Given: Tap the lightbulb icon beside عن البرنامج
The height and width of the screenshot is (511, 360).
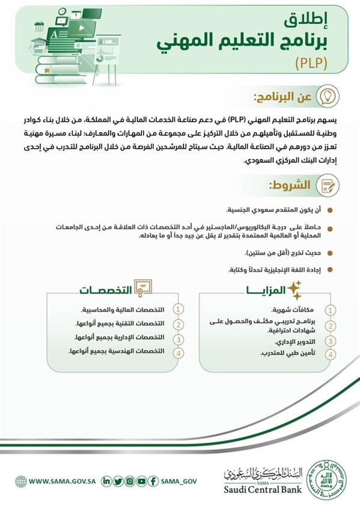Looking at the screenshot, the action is pyautogui.click(x=326, y=96).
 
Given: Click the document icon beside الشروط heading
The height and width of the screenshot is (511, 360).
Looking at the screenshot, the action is pyautogui.click(x=326, y=184).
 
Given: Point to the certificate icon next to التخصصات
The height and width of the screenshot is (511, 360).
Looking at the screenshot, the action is pyautogui.click(x=143, y=289).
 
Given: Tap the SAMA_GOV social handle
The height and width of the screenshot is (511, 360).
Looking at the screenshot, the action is pyautogui.click(x=178, y=480).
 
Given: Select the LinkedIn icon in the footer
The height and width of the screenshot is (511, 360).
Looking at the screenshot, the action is pyautogui.click(x=107, y=480).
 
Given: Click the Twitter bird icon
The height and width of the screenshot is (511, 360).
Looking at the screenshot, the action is pyautogui.click(x=118, y=480).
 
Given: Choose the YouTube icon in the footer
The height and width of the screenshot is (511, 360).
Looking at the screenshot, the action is pyautogui.click(x=141, y=480).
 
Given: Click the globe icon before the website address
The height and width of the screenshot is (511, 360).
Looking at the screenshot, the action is pyautogui.click(x=21, y=480).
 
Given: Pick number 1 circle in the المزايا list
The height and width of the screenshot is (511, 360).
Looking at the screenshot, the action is pyautogui.click(x=330, y=310).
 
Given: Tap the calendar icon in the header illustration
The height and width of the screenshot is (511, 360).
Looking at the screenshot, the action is pyautogui.click(x=39, y=26).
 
